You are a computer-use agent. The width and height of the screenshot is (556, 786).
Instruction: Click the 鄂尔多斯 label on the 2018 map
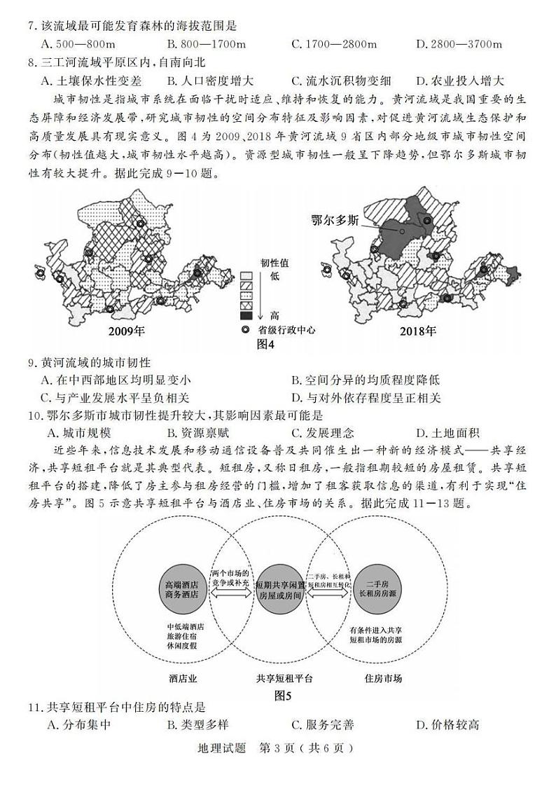[335, 220]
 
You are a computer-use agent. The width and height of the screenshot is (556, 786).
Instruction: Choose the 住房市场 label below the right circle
[383, 678]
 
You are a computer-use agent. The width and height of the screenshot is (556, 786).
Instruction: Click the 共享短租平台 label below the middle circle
[284, 678]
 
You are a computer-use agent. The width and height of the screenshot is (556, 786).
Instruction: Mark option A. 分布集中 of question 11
[78, 726]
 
